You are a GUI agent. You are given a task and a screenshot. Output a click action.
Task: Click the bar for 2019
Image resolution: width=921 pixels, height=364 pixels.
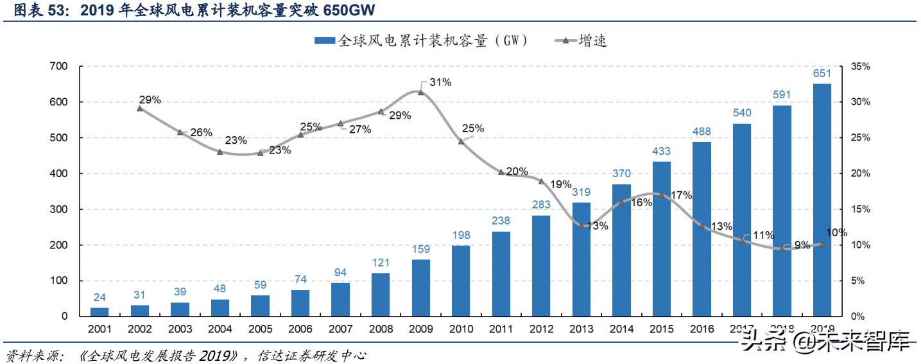point(822,200)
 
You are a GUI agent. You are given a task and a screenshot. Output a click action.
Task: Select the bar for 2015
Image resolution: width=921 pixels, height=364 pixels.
point(661,239)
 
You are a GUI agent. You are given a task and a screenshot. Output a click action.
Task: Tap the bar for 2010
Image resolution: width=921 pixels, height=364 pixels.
point(461,281)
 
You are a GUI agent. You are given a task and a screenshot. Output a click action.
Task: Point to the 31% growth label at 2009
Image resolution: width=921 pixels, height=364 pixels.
point(440,82)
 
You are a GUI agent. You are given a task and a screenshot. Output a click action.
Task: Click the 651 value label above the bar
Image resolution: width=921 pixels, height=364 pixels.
point(822,74)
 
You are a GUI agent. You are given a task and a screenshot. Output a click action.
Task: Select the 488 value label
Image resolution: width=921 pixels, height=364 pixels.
point(702,132)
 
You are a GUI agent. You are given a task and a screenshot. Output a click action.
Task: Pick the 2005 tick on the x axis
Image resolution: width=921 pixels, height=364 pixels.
point(260,329)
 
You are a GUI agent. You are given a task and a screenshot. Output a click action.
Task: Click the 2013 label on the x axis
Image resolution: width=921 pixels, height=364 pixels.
point(581,329)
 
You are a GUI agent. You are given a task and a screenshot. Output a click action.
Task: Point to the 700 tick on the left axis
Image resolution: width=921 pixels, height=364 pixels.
point(58,66)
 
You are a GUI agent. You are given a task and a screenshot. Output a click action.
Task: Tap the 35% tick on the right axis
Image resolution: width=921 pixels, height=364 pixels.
point(860,66)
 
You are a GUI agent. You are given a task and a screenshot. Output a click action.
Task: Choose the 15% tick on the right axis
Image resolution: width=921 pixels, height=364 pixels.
point(860,209)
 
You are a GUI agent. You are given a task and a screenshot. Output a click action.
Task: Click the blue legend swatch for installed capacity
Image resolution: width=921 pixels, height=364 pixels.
point(324,40)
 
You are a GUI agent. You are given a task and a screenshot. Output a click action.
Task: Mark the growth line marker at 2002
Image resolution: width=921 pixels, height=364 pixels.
point(140,108)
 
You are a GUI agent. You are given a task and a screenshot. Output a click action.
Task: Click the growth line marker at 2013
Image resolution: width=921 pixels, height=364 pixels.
point(581,225)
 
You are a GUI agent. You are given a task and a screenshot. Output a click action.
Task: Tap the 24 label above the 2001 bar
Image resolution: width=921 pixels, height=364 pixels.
point(99,297)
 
